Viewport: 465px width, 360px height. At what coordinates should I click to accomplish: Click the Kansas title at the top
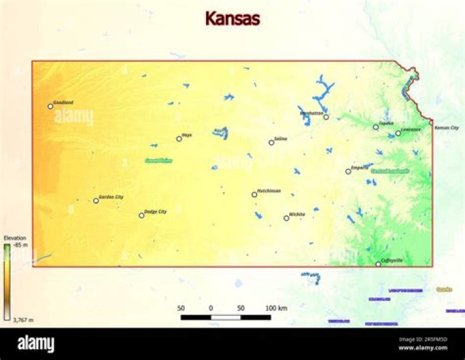[232, 18]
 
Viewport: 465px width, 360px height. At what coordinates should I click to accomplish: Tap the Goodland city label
[63, 102]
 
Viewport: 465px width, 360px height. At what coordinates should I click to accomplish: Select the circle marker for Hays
[179, 138]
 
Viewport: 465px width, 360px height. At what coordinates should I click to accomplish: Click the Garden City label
[111, 196]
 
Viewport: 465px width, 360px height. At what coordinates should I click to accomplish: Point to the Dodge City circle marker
[141, 215]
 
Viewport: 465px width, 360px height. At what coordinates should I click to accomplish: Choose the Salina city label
[280, 138]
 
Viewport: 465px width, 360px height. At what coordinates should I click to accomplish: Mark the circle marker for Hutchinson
[254, 195]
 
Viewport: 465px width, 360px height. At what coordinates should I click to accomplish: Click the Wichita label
[297, 214]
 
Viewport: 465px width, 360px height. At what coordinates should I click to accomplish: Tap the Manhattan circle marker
[326, 117]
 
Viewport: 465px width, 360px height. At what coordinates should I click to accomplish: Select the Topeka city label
[386, 123]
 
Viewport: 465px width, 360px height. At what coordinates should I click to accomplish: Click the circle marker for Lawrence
[398, 133]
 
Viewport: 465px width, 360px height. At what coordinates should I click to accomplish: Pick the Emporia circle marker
[348, 171]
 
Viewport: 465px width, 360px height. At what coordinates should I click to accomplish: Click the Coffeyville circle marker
[378, 264]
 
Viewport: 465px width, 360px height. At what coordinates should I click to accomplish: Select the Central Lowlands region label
[389, 171]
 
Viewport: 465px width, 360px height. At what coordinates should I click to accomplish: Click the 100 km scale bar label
[276, 308]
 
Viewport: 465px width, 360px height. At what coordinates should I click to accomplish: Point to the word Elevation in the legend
[15, 238]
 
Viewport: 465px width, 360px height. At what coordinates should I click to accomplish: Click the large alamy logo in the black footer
[36, 344]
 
